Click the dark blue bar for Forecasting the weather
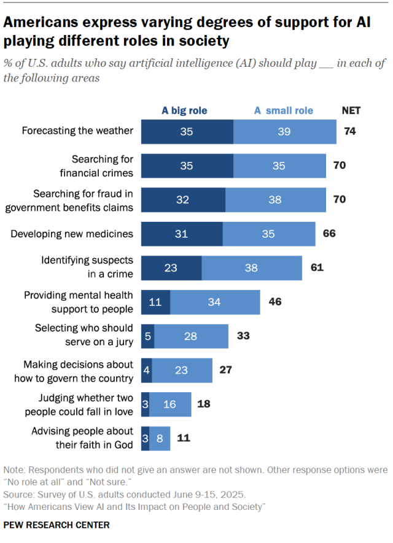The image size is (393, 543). click(187, 132)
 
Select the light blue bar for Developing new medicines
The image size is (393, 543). click(269, 234)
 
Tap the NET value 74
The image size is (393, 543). click(350, 131)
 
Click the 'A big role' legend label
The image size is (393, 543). click(184, 110)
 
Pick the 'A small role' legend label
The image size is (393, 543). click(284, 110)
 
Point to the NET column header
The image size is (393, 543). click(351, 110)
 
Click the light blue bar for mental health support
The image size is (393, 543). click(215, 302)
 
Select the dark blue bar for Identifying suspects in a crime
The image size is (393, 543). click(171, 268)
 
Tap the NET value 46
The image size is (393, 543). click(275, 302)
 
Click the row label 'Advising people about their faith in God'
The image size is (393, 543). click(82, 438)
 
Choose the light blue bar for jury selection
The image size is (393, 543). click(191, 336)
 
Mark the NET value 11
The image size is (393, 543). click(184, 438)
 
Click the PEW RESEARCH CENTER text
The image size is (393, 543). click(56, 525)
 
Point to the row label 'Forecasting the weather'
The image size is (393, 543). click(77, 131)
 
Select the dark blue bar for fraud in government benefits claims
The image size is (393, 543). click(183, 200)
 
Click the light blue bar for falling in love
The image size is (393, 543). click(170, 404)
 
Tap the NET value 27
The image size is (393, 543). click(225, 370)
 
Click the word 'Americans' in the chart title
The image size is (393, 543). click(41, 22)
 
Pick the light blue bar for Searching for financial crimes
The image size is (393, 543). click(279, 166)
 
